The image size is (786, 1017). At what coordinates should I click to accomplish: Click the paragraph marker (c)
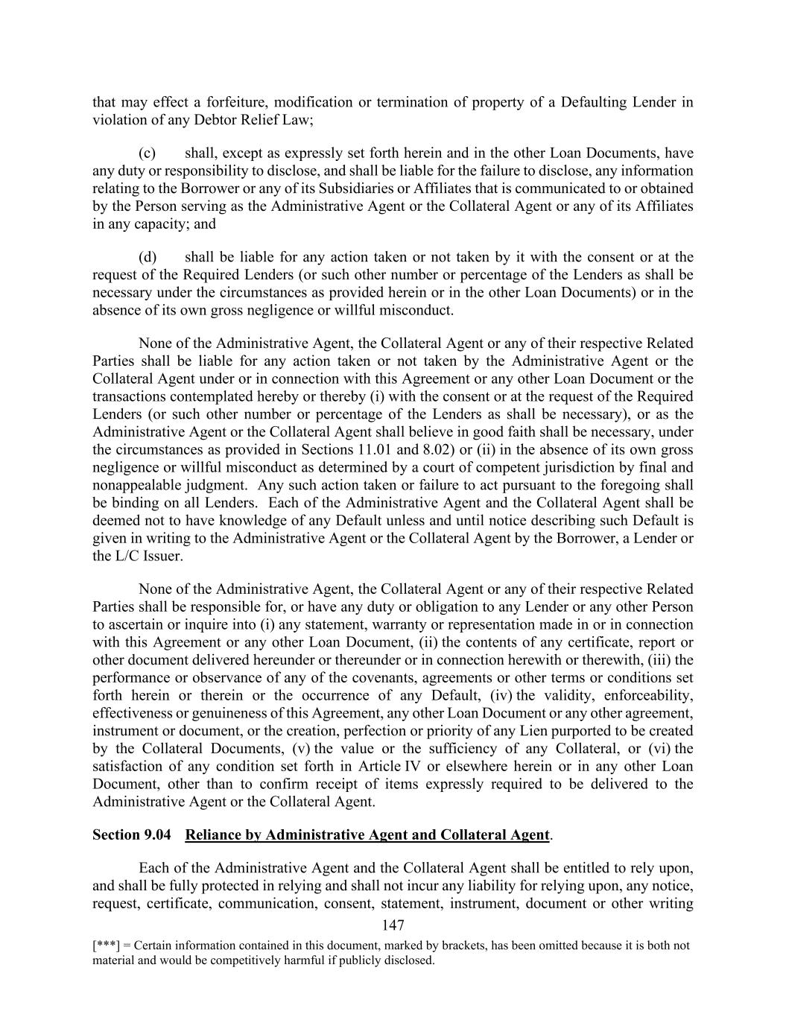point(147,153)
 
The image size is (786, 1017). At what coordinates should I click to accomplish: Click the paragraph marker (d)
point(147,258)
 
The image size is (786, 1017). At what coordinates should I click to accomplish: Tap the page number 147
point(393,925)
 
